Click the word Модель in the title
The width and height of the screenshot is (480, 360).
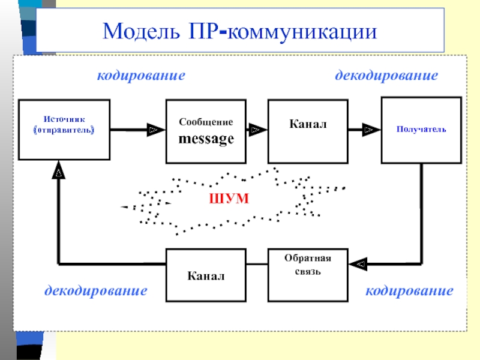[x=141, y=32]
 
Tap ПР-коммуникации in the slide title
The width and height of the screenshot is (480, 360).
[x=283, y=32]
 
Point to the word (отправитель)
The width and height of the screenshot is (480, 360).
[x=64, y=130]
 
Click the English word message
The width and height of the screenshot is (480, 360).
[x=206, y=139]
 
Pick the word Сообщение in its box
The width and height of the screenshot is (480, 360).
[x=206, y=122]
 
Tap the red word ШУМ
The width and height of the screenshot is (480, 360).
[x=229, y=199]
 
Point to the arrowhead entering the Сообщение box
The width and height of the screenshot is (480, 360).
[x=156, y=130]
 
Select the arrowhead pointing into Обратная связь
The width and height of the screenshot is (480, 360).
[x=358, y=264]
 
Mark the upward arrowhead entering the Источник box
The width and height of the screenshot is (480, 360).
[x=58, y=170]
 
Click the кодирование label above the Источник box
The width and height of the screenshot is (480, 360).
[x=141, y=76]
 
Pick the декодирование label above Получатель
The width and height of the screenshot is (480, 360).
[x=386, y=76]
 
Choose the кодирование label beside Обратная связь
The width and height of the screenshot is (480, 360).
[x=409, y=291]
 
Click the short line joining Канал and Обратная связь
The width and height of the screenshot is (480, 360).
[x=257, y=264]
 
